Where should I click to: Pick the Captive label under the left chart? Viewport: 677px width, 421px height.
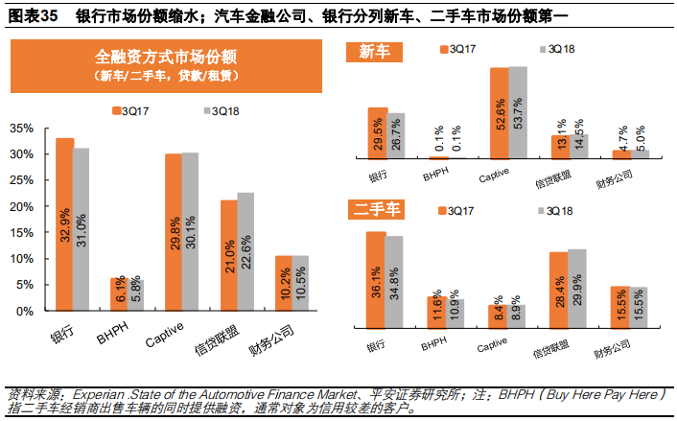coord(167,335)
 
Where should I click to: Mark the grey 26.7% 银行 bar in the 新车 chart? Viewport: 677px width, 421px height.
coord(396,135)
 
